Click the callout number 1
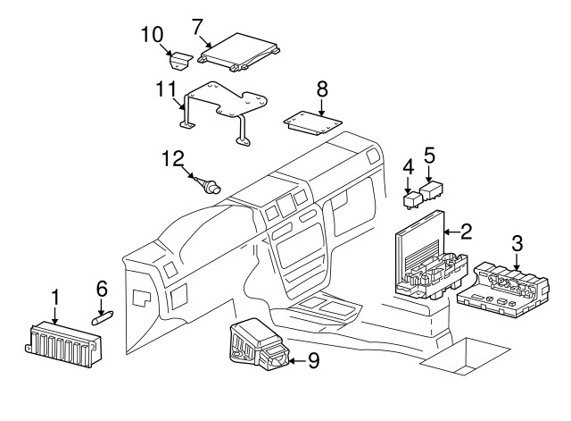coord(54,296)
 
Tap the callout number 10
coord(153,35)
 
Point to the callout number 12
coord(171,158)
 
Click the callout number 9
coord(312,361)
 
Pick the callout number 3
coord(517,242)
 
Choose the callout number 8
coord(322,88)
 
